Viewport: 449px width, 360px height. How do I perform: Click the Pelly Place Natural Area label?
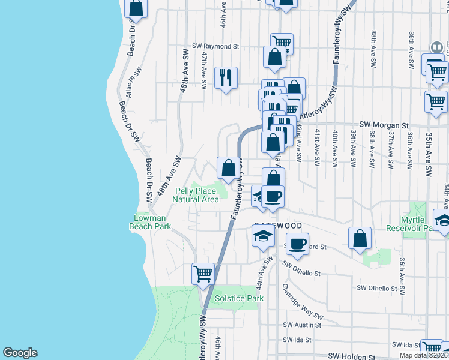point(196,195)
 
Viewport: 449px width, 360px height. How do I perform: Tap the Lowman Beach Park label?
point(150,222)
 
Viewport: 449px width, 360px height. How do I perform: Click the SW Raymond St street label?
point(216,46)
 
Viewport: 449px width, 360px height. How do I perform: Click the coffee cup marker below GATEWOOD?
point(297,243)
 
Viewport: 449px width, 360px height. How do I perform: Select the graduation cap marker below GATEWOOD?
point(263,237)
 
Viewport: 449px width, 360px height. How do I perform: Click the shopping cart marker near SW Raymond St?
point(282,43)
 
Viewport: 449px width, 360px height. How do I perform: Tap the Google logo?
point(20,353)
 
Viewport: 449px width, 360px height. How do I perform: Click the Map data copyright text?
point(423,355)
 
